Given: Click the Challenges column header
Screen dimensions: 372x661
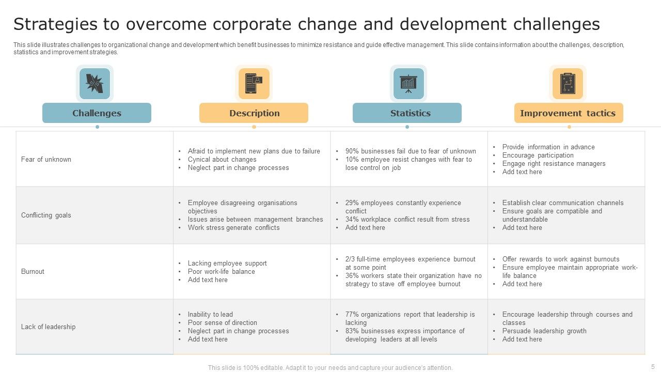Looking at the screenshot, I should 97,113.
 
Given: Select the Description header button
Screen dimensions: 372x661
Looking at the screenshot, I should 254,113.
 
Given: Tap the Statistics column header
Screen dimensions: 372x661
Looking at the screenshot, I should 407,113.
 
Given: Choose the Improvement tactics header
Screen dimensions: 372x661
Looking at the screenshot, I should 568,113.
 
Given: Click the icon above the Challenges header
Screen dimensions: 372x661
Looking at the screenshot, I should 95,83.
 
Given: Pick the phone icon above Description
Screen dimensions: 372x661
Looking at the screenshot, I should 254,83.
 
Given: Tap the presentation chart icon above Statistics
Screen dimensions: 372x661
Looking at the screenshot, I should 408,83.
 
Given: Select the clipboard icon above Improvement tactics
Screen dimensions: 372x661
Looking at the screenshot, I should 568,83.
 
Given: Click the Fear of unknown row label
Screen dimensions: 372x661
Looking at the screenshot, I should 46,159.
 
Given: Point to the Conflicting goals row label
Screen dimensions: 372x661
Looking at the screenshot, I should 46,215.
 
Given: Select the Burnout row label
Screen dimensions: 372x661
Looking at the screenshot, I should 33,271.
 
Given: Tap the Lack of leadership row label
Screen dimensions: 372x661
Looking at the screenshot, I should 48,327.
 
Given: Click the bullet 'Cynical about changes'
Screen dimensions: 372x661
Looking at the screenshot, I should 222,159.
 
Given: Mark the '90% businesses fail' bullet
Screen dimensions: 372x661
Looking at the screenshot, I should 411,151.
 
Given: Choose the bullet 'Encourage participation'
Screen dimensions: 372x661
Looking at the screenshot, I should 538,155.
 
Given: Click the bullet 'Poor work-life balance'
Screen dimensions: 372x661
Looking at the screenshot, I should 221,271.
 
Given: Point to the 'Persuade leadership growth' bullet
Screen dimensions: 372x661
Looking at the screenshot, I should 544,331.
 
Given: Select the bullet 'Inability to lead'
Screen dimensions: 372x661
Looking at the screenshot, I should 210,314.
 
